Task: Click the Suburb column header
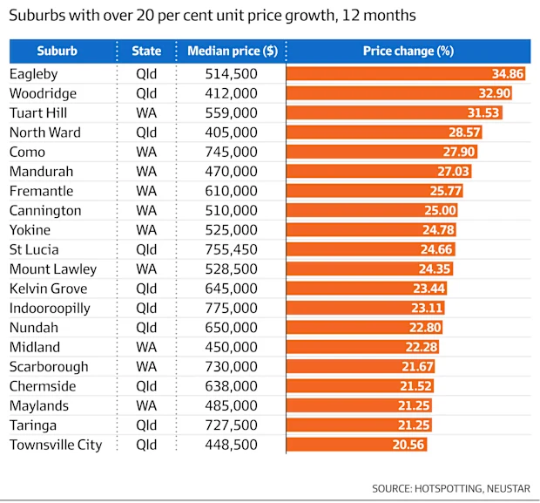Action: tap(57, 51)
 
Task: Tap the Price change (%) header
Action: tap(408, 51)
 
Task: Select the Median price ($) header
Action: tap(233, 51)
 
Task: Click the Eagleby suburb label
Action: tap(35, 74)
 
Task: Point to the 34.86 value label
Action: tap(507, 74)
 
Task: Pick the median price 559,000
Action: tap(230, 112)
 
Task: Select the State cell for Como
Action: tap(145, 152)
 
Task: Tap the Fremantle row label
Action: tap(41, 191)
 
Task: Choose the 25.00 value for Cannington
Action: tap(441, 210)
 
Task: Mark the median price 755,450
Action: tap(230, 249)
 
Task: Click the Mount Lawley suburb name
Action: tap(53, 268)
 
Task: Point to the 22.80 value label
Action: tap(425, 328)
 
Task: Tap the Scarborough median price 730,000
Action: tap(230, 366)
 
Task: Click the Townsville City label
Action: tap(56, 445)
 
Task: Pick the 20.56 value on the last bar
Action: tap(409, 445)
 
